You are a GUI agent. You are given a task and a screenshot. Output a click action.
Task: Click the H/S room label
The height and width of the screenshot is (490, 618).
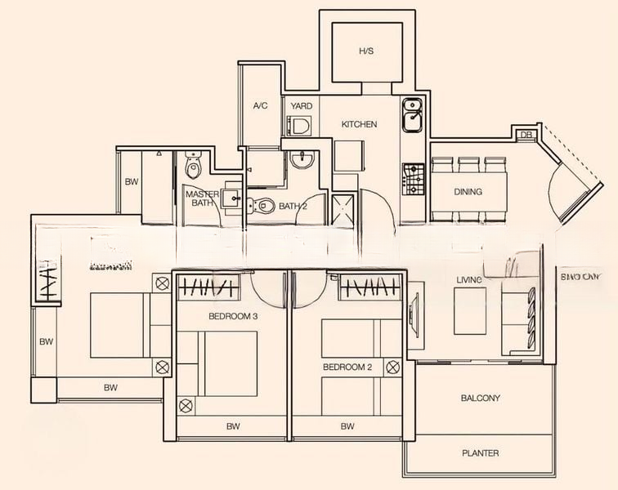tap(365, 51)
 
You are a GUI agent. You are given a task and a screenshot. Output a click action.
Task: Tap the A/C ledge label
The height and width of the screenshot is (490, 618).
tap(261, 106)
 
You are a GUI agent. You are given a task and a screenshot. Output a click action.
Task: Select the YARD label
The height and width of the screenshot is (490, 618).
tap(302, 106)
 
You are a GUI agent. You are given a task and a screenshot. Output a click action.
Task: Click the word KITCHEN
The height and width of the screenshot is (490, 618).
tap(359, 124)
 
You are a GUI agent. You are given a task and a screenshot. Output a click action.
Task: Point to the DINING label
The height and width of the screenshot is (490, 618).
tap(468, 192)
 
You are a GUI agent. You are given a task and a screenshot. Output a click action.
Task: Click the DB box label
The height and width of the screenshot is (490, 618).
tap(526, 134)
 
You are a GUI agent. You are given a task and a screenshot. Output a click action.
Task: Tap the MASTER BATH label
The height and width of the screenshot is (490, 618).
tap(201, 199)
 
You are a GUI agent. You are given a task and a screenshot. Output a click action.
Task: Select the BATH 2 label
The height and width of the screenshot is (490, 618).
tap(293, 206)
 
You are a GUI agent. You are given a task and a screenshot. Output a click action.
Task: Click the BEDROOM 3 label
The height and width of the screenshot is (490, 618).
tap(233, 315)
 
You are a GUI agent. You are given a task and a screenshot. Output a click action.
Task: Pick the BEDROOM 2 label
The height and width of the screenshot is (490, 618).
tap(347, 367)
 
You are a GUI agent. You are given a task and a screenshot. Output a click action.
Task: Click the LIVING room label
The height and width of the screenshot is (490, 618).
tap(469, 280)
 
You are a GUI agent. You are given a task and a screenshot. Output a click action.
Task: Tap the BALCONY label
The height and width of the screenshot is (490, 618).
tap(480, 399)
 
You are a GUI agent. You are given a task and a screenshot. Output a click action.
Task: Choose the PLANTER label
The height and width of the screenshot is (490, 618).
tap(480, 452)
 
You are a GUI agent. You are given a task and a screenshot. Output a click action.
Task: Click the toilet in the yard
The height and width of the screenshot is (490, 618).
tap(299, 126)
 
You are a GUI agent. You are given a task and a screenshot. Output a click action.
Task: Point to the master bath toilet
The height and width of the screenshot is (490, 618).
tap(193, 167)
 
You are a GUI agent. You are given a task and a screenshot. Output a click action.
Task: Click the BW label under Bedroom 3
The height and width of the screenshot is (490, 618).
tap(233, 425)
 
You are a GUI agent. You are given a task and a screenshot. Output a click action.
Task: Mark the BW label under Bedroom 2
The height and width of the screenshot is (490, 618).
tap(347, 425)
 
